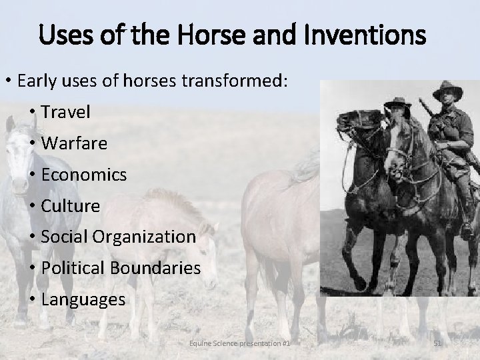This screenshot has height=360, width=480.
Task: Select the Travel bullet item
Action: click(65, 112)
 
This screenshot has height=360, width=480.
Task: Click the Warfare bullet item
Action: click(73, 143)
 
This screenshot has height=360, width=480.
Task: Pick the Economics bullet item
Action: click(83, 175)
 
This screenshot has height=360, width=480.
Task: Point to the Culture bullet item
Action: click(70, 206)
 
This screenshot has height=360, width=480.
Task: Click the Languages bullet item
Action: click(83, 299)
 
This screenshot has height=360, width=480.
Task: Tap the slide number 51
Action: click(438, 343)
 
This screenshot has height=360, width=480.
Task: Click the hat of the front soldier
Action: click(446, 90)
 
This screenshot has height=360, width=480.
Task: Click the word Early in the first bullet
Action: click(39, 81)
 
